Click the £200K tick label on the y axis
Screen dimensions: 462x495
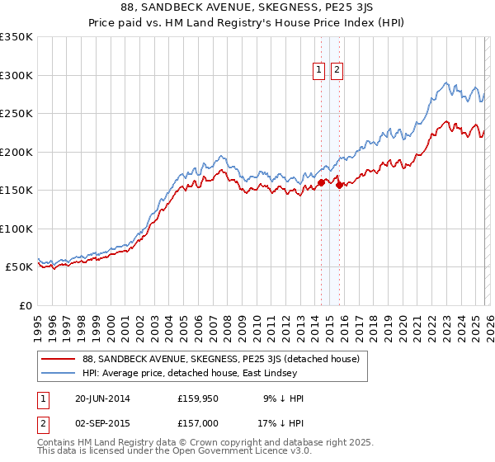click(x=16, y=152)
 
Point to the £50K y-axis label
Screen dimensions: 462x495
click(x=19, y=267)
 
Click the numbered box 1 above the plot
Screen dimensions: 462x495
click(x=319, y=71)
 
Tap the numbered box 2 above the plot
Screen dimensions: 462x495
click(x=337, y=71)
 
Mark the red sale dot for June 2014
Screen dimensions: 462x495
click(x=321, y=183)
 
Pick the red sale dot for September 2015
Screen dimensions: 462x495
click(x=338, y=185)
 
